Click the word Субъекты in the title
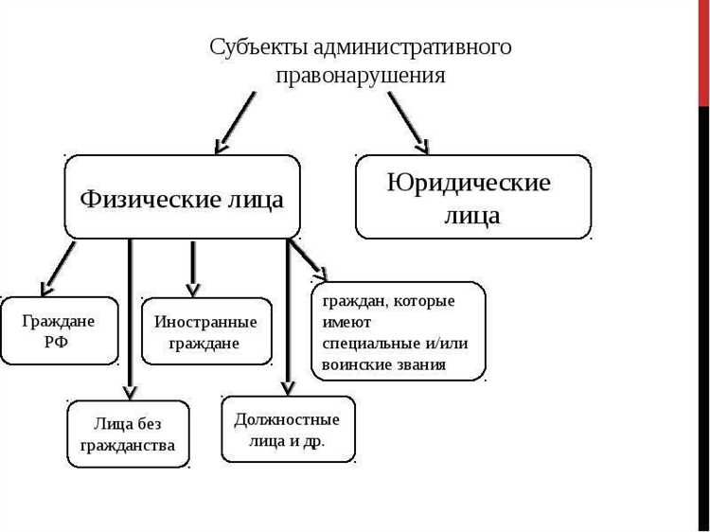(x=256, y=47)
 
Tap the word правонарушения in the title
(x=361, y=76)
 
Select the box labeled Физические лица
(x=182, y=197)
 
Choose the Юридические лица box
(x=472, y=197)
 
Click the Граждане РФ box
(x=59, y=330)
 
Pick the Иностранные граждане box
(x=205, y=331)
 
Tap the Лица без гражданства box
(x=128, y=434)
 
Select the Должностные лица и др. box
(x=287, y=429)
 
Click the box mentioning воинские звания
(x=399, y=331)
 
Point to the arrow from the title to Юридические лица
(x=407, y=121)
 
